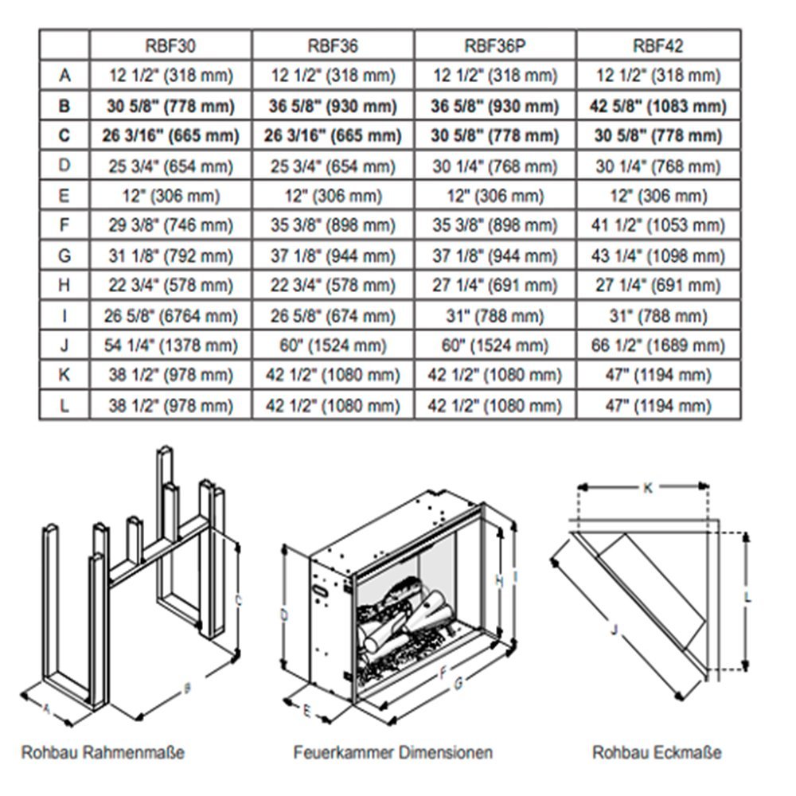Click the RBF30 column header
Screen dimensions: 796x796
170,45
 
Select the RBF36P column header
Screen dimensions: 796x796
494,45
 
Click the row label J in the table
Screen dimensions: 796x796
64,346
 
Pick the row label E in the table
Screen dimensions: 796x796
64,197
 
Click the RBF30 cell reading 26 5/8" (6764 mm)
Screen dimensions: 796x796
170,316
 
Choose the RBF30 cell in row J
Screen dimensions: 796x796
170,346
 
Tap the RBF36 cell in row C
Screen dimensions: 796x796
332,136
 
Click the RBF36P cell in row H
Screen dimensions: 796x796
494,287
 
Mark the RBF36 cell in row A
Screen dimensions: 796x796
332,76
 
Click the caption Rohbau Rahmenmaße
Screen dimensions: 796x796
103,751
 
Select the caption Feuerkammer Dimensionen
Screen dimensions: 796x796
392,751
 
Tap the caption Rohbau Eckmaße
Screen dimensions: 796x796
657,751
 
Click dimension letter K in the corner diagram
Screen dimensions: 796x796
647,489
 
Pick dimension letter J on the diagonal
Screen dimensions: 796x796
613,630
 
